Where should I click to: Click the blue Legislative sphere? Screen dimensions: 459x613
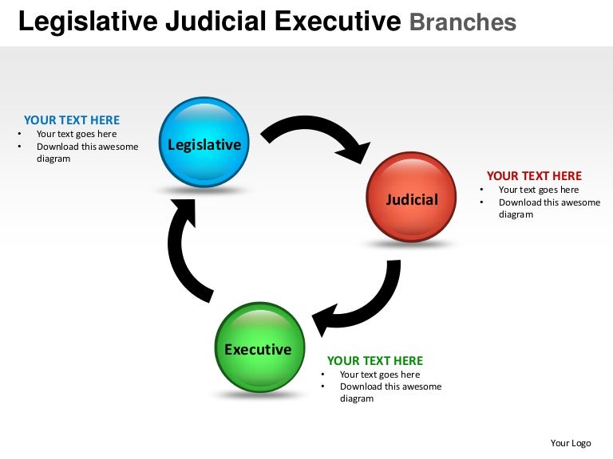point(204,143)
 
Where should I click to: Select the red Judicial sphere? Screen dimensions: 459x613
point(411,198)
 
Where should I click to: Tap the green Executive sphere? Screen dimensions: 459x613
point(259,348)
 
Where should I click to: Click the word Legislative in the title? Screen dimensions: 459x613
point(87,22)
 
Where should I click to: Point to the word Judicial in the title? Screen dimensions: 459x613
point(215,22)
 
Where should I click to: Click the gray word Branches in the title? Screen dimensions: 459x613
point(462,22)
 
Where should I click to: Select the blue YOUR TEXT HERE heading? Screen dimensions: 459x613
point(72,120)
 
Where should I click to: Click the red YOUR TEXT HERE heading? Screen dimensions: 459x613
point(534,176)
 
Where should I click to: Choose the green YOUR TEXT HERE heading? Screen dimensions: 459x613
point(375,361)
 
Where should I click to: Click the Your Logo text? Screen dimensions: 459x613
point(571,443)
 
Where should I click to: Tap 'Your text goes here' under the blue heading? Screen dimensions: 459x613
point(77,134)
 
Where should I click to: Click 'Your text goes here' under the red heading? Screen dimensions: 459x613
point(539,190)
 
